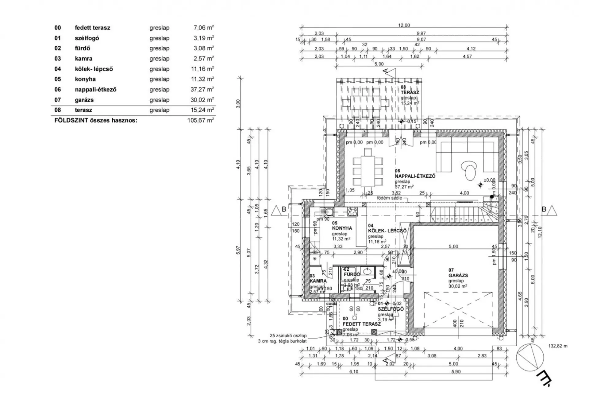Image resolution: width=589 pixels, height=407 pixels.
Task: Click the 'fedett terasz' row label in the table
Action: (92, 28)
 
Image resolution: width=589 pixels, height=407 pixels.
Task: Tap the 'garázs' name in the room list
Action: (84, 100)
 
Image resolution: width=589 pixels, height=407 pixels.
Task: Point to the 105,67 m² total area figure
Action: (200, 120)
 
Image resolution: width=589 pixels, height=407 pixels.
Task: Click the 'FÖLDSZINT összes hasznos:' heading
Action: (96, 120)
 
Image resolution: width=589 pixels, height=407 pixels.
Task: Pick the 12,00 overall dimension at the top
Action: (404, 25)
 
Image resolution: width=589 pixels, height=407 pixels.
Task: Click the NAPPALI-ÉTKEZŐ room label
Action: (415, 176)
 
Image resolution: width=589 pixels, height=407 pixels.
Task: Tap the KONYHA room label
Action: (342, 228)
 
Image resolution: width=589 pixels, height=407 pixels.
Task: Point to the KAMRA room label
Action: (318, 281)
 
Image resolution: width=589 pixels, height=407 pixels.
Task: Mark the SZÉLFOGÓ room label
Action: (391, 309)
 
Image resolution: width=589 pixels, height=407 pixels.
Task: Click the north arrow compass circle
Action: (530, 357)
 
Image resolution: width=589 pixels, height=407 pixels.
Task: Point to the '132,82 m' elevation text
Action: (558, 346)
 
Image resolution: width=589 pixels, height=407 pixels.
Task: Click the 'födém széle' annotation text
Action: (389, 198)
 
